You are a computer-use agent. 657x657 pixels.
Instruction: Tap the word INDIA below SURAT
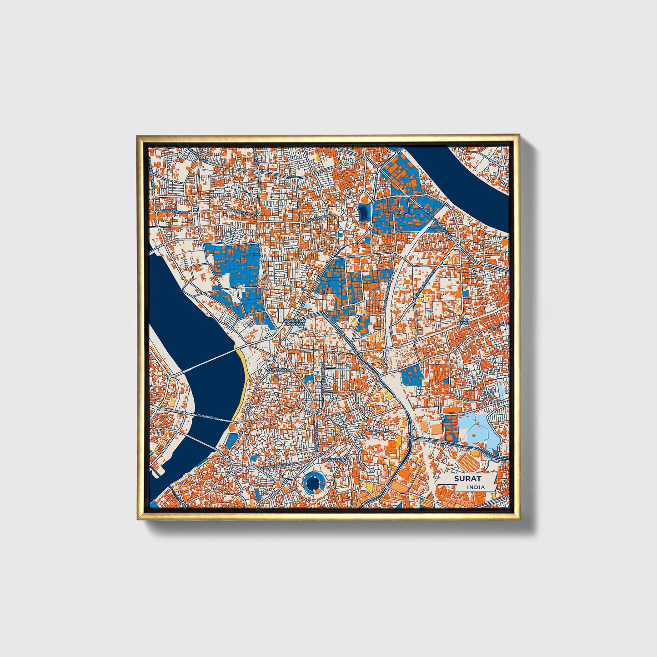(x=476, y=487)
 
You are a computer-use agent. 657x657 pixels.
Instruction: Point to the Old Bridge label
(x=207, y=416)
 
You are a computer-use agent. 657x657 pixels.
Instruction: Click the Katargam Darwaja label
(x=293, y=323)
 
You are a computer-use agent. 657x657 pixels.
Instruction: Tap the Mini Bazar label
(x=463, y=321)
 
